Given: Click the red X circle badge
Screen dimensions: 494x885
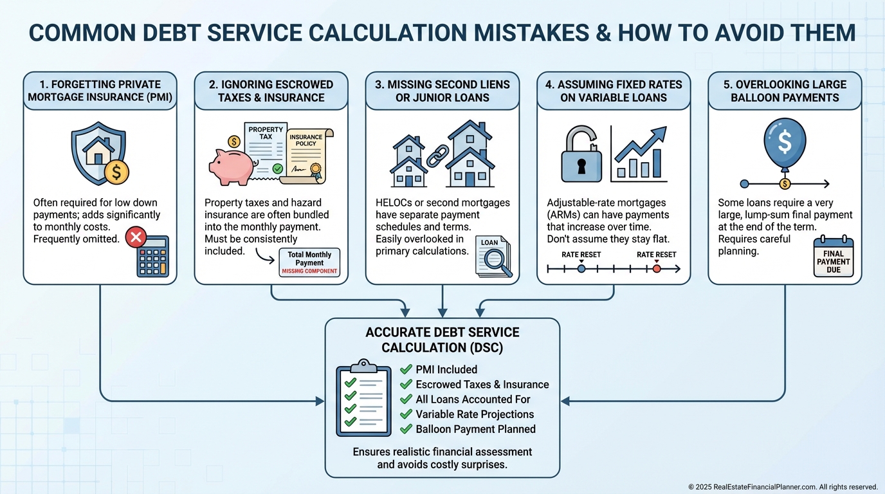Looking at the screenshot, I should [136, 238].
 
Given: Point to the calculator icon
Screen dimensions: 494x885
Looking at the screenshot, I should [152, 259].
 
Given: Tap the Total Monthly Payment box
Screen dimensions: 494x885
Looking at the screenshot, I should [309, 262].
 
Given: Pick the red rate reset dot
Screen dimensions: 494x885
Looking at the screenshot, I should [656, 269].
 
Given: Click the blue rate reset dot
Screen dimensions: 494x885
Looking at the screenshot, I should [581, 269].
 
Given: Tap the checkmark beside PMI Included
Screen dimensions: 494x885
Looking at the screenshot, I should [406, 369].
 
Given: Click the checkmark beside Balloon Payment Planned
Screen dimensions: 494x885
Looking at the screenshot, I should [406, 429].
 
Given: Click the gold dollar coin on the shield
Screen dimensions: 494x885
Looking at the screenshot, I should [117, 172].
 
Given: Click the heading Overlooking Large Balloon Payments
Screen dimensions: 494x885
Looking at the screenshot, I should [785, 91].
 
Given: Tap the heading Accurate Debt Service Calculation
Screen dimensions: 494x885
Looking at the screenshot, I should [442, 340].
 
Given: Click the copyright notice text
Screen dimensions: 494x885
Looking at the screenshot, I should [783, 487].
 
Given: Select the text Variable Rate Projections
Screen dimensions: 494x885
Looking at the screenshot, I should [475, 414].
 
